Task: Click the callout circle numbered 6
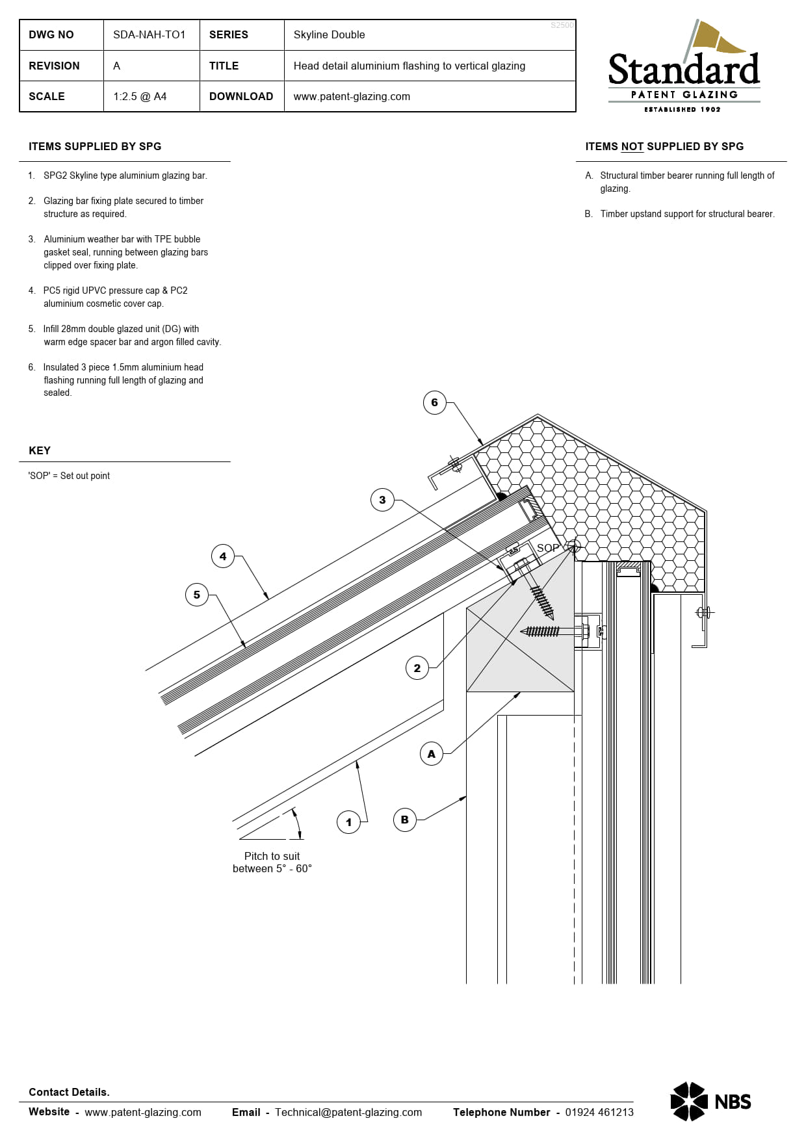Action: pos(434,402)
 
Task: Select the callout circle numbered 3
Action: pos(382,500)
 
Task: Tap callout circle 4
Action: pos(223,556)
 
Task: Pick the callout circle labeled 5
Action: pos(197,595)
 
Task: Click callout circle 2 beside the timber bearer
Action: pos(417,668)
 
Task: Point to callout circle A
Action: pos(432,754)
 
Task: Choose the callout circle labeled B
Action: pos(405,820)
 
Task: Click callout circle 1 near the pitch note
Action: pos(348,822)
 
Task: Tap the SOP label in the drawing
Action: pos(547,548)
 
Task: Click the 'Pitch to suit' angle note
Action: pos(272,862)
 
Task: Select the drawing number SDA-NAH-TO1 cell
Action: pos(149,34)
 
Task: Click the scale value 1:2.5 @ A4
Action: pos(140,96)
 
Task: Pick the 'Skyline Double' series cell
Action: pos(329,34)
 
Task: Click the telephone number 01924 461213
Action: pos(599,1112)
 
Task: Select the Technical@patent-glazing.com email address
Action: pos(348,1112)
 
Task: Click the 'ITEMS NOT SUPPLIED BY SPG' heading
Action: pos(664,146)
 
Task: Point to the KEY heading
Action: pos(40,450)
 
